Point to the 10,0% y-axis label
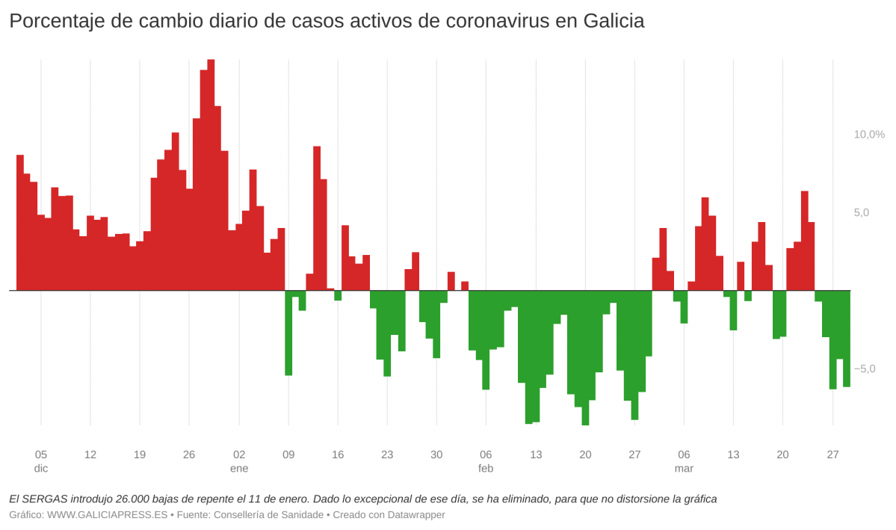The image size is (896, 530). (x=869, y=135)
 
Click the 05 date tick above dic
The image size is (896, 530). (x=41, y=454)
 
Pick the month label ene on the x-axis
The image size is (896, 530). (x=239, y=469)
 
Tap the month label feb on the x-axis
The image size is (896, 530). (x=486, y=469)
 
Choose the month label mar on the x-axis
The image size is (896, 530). (x=684, y=469)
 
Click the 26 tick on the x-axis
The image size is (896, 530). (x=189, y=454)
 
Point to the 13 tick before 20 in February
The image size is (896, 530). (x=536, y=454)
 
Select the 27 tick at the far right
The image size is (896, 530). (x=832, y=454)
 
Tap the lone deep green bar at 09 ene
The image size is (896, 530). (x=288, y=333)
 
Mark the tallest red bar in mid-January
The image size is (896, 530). (x=317, y=218)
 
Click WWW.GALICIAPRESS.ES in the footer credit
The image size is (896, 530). (x=108, y=515)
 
